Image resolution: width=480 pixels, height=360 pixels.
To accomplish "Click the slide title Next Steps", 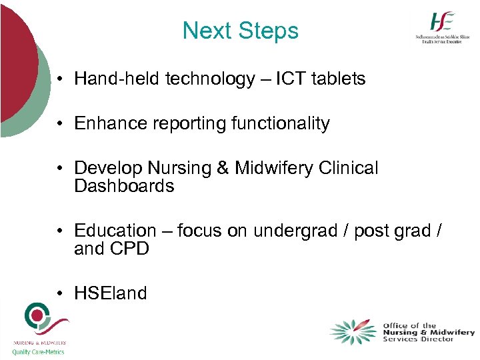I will pyautogui.click(x=240, y=31).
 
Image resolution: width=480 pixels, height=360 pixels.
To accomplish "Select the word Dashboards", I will pyautogui.click(x=124, y=186).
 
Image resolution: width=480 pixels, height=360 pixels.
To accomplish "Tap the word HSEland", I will pyautogui.click(x=111, y=293).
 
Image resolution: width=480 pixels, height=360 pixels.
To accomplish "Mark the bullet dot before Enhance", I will pyautogui.click(x=60, y=124).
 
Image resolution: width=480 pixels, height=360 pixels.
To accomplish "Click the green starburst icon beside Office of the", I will pyautogui.click(x=353, y=332).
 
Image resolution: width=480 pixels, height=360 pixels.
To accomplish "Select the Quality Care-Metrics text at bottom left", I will pyautogui.click(x=39, y=352).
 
